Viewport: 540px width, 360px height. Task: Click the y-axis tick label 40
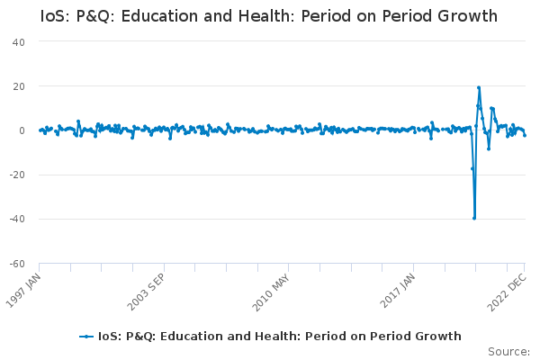(18, 42)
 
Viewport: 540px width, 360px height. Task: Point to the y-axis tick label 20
(18, 86)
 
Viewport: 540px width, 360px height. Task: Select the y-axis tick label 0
(21, 130)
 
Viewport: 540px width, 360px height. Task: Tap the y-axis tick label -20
(16, 175)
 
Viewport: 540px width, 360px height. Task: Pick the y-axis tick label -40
(16, 219)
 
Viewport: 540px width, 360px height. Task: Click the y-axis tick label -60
(16, 263)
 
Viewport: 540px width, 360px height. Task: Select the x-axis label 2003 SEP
(146, 292)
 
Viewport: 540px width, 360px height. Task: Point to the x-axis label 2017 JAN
(397, 292)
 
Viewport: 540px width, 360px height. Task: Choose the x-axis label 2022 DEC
(508, 292)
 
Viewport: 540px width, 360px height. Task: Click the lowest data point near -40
(474, 218)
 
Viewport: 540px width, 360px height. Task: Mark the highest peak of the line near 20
(479, 88)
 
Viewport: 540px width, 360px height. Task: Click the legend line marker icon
(86, 337)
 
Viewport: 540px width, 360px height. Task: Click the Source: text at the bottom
(508, 351)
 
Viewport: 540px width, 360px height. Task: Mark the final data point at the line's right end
(525, 135)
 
